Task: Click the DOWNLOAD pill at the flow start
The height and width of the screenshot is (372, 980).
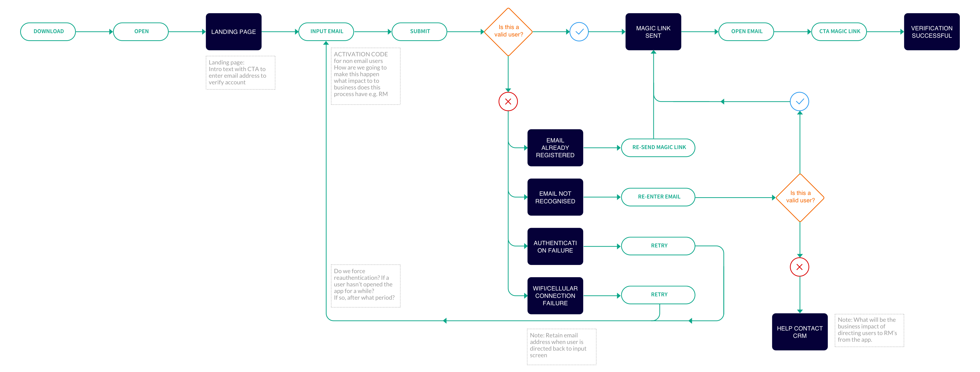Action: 48,32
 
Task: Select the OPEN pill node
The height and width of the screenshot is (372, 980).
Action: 141,32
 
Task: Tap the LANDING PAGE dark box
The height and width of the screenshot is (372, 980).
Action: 234,32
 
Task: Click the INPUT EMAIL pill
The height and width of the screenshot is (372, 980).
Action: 326,32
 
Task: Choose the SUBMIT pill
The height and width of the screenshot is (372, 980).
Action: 419,32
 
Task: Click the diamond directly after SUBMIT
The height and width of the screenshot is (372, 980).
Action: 508,32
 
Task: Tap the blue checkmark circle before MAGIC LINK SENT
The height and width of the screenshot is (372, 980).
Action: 579,32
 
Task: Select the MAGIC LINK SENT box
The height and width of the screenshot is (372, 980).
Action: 653,32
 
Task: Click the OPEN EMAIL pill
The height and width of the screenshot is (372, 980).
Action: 746,32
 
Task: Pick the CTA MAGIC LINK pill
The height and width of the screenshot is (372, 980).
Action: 839,32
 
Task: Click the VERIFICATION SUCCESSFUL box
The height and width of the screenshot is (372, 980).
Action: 932,32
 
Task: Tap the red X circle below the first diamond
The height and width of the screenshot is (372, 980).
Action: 508,101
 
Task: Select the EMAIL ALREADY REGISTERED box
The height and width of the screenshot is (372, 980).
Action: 555,148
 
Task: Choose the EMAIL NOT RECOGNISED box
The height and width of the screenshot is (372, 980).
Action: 555,197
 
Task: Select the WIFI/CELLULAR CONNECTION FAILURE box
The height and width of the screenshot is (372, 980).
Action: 555,296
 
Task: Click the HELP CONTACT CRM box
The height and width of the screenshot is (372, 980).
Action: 800,332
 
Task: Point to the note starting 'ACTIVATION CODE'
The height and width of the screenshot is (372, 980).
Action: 365,76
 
